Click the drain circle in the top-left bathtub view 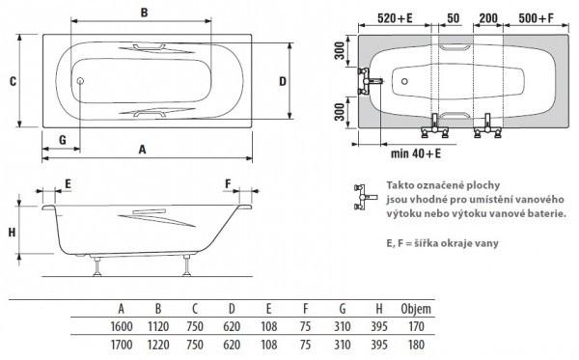point(80,81)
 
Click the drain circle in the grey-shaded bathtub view point(404,81)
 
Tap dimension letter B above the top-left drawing point(145,13)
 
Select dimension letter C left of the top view point(13,81)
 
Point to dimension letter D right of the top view point(283,81)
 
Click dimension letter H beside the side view point(13,233)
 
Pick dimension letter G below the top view point(63,140)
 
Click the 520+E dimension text point(395,17)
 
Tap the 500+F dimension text point(537,17)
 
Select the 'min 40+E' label point(416,153)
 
